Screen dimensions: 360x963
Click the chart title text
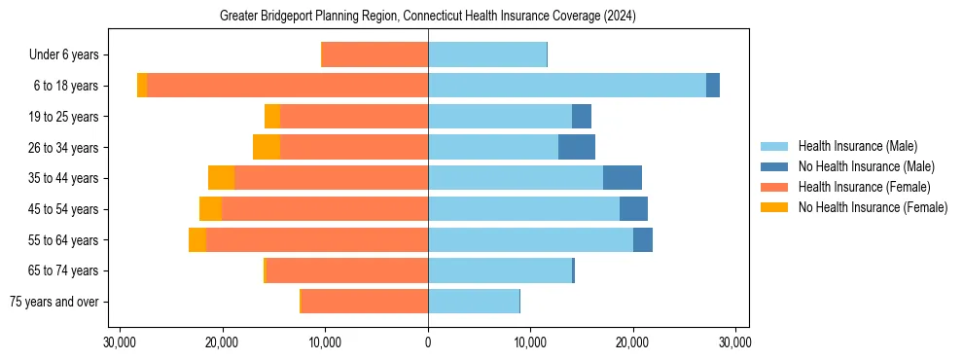[x=428, y=16]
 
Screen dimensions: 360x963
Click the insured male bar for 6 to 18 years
[x=567, y=86]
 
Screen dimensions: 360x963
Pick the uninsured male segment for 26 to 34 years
[x=577, y=147]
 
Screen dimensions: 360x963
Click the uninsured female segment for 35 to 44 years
[x=222, y=178]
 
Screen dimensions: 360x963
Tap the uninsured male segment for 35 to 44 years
[x=623, y=178]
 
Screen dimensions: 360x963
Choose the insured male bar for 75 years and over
[x=474, y=302]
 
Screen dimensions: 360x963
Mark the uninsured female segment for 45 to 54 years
[x=210, y=209]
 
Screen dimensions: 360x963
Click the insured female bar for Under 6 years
[x=374, y=55]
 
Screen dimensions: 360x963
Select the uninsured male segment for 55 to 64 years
[x=643, y=240]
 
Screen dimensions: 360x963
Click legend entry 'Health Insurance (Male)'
[x=857, y=146]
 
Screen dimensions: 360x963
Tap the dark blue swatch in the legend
[x=774, y=166]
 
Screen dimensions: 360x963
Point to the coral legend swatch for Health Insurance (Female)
[x=774, y=187]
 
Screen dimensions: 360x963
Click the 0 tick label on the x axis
[x=428, y=342]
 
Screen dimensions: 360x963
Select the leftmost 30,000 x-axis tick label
[x=120, y=342]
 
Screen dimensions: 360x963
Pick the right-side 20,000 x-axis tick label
[x=633, y=342]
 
